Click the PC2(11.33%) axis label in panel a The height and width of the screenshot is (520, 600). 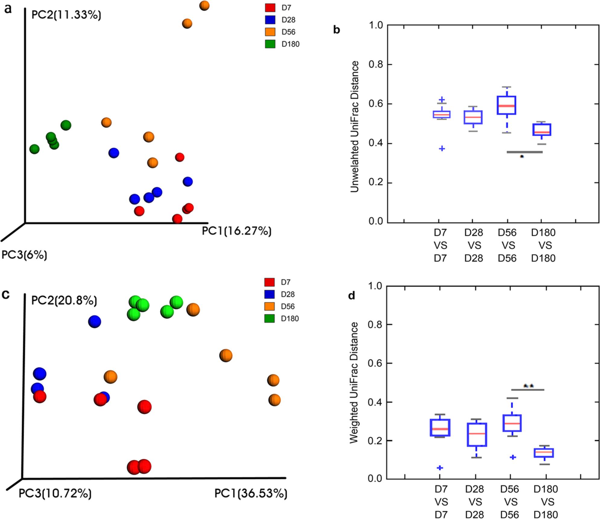coord(66,15)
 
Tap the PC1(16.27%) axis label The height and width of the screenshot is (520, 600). coord(237,231)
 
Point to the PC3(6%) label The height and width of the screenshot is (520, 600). coord(24,255)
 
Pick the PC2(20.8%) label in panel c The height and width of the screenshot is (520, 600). coord(64,301)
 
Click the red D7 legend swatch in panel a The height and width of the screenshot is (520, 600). coord(270,8)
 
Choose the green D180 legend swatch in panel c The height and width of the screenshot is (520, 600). coord(269,318)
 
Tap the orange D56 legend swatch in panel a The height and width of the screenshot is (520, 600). coord(270,32)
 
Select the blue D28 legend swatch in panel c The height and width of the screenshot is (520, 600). coord(269,294)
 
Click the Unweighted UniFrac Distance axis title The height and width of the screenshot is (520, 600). coord(355,127)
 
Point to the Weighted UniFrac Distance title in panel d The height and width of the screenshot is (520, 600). coord(354,383)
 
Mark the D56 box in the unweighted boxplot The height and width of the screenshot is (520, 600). coord(506,105)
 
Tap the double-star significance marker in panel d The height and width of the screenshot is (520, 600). coord(528,386)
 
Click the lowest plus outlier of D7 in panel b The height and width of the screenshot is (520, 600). coord(442,148)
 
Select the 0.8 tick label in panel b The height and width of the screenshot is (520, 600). coord(376,65)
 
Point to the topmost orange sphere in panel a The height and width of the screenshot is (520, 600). coord(204,5)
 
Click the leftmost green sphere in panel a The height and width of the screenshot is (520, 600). coord(34,149)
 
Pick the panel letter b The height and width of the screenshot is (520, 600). coord(337,30)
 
